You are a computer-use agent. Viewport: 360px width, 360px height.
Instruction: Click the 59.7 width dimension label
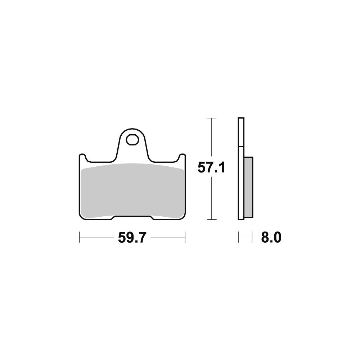coord(132,237)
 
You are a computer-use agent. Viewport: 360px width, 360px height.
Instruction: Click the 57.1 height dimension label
coord(211,168)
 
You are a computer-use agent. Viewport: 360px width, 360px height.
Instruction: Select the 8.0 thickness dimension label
coord(271,237)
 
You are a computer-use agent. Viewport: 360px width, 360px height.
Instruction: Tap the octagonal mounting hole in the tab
coord(132,140)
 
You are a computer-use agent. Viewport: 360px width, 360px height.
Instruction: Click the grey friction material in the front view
coord(132,190)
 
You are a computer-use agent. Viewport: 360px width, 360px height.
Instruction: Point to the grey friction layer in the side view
coord(248,187)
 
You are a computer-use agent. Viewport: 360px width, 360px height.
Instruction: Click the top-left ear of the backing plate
coord(83,157)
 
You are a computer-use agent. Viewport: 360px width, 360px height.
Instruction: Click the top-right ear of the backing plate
coord(182,157)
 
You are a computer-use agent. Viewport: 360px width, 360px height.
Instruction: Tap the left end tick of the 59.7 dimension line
coord(80,237)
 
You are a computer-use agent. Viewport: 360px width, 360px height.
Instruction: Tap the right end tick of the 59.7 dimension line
coord(185,237)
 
